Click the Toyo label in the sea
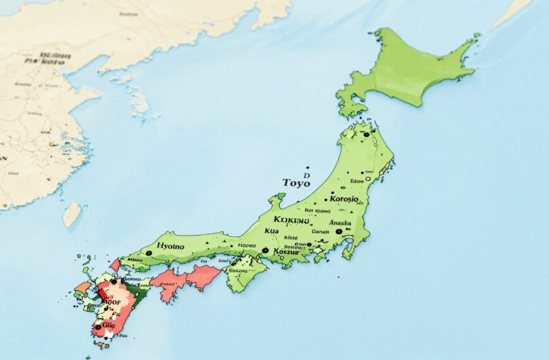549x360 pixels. tap(296, 183)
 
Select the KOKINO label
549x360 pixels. tap(292, 220)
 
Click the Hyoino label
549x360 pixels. tap(170, 246)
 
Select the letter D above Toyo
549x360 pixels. tap(307, 176)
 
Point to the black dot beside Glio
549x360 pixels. tap(98, 327)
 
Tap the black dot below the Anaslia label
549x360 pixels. tap(339, 232)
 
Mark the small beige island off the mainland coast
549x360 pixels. tap(71, 214)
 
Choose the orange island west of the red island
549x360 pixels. tap(82, 287)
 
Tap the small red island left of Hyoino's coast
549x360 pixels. tap(115, 265)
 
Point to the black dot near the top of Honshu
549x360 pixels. tap(367, 135)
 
